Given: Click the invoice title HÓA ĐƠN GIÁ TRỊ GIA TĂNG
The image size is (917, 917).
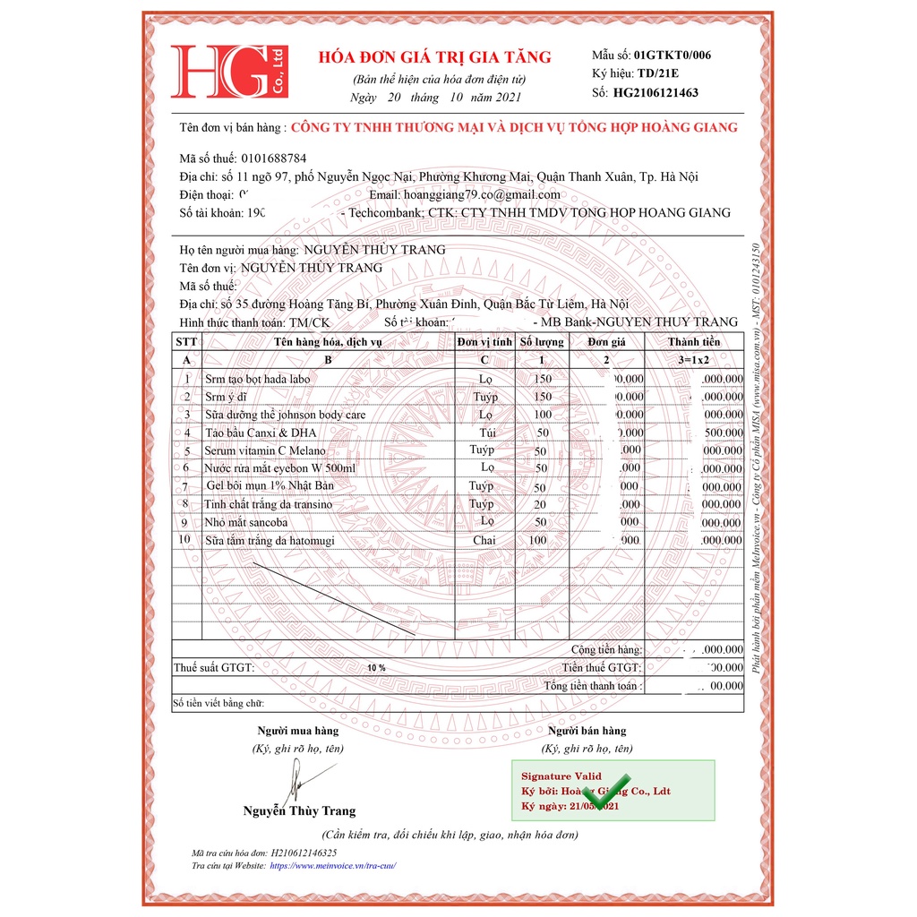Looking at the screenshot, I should [x=435, y=57].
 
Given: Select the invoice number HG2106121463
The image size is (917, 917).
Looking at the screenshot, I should [x=656, y=92].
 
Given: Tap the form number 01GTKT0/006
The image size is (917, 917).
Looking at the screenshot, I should [x=673, y=55].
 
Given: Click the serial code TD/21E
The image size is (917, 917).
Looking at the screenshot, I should [x=658, y=73].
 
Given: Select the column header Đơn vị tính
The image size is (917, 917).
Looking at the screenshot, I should [x=484, y=342].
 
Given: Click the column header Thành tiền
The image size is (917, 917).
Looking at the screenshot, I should [x=693, y=342].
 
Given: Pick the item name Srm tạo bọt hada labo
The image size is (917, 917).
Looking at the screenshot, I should [x=258, y=379].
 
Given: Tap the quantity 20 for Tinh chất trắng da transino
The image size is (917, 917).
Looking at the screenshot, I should [x=540, y=504].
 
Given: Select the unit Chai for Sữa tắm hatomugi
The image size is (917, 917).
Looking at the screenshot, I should [x=484, y=540].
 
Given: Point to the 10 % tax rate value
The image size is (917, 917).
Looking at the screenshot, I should [x=376, y=668].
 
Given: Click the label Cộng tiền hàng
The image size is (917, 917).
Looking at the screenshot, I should [x=606, y=649].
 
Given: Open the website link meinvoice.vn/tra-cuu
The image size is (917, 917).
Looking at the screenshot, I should [x=332, y=866].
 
